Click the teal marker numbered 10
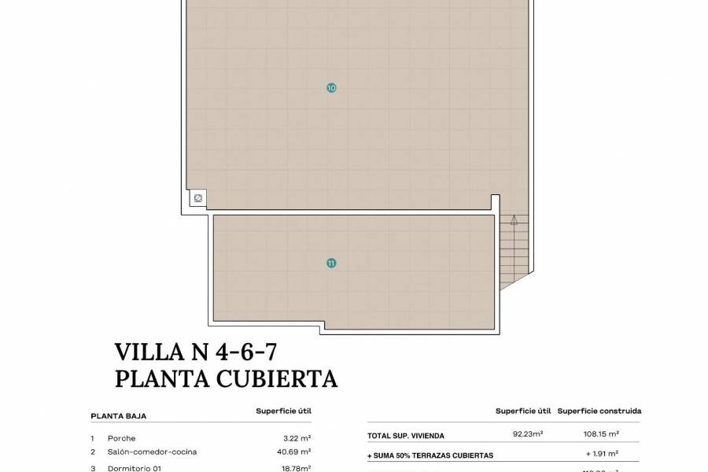(331, 88)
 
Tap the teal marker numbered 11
(331, 263)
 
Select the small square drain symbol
(198, 198)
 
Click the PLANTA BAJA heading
(119, 416)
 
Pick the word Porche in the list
(122, 438)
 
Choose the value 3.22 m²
(297, 438)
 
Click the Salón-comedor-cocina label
(153, 452)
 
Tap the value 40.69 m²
(295, 452)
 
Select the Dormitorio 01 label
(135, 468)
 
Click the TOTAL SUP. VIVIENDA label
(406, 435)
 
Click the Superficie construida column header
(599, 411)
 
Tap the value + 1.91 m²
(603, 454)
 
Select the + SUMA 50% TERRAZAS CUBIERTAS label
(430, 455)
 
